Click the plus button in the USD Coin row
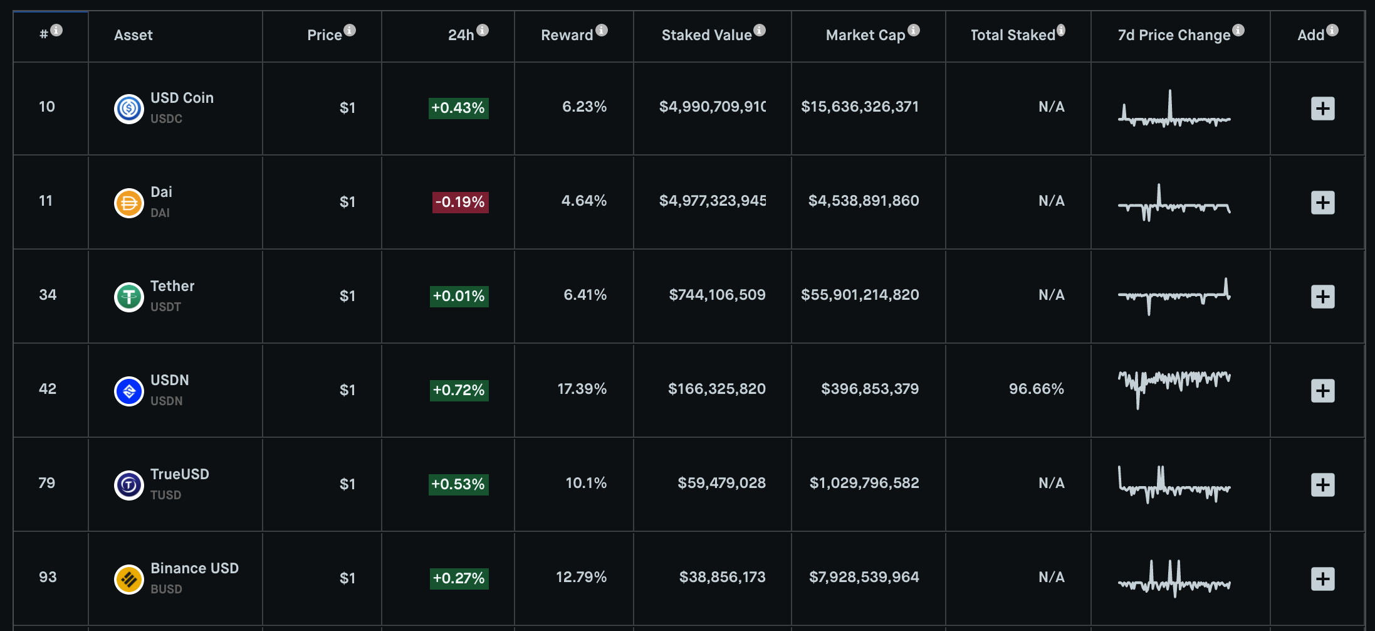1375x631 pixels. click(x=1322, y=109)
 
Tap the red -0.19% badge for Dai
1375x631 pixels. click(x=460, y=202)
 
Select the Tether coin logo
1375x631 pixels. click(x=129, y=297)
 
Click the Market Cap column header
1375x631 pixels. click(x=865, y=35)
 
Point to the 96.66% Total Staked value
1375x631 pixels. click(x=1037, y=389)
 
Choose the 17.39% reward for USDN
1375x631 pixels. click(x=582, y=389)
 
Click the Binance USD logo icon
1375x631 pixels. click(x=129, y=579)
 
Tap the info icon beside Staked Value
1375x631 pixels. click(x=760, y=30)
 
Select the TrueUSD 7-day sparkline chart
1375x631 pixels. click(x=1174, y=484)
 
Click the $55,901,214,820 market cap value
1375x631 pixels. click(x=860, y=295)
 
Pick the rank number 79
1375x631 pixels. click(x=47, y=483)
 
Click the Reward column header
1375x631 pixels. click(x=567, y=35)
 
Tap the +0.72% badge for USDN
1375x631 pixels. click(x=459, y=390)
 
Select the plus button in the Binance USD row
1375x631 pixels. click(x=1322, y=579)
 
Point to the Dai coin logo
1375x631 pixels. click(x=129, y=203)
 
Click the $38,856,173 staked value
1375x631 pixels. click(x=723, y=577)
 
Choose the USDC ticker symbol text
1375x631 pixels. click(x=167, y=119)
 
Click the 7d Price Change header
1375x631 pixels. click(x=1174, y=35)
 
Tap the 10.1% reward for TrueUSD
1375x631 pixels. click(x=586, y=483)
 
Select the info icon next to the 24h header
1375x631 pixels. click(x=483, y=30)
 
